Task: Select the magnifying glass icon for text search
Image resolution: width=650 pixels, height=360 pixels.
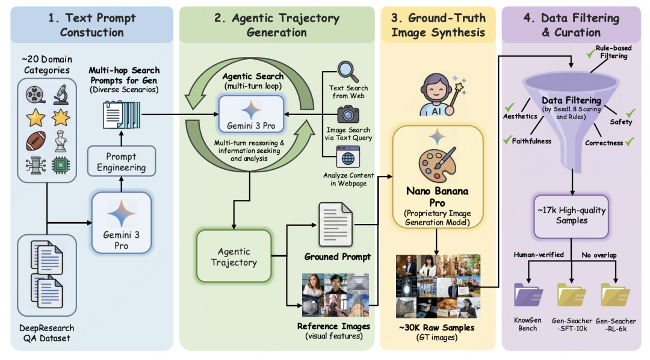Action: point(348,72)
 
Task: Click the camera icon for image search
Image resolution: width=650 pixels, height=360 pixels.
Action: point(348,114)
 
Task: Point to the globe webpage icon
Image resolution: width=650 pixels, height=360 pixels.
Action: point(348,158)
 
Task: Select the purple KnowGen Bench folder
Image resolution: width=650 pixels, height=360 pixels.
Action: point(528,295)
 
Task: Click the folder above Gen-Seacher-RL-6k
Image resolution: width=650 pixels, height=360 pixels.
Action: point(615,295)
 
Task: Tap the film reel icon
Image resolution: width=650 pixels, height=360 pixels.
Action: point(36,93)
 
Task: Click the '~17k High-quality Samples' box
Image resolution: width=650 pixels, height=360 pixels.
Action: point(571,215)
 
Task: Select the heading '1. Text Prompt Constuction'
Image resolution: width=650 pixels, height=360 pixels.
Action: point(91,25)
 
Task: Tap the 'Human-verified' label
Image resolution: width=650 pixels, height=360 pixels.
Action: point(539,255)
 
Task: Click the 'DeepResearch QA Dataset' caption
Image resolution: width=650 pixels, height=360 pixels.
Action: point(46,333)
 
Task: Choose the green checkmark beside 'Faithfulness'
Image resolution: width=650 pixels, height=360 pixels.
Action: point(507,141)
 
